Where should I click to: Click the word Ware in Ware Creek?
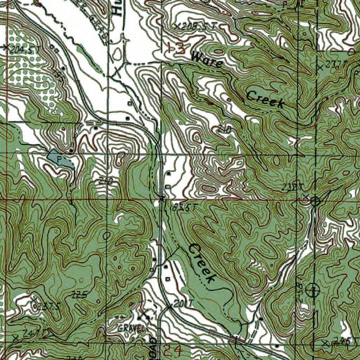tap(207, 60)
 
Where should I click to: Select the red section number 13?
tap(176, 48)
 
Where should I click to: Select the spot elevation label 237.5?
tap(48, 306)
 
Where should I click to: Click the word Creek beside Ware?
tap(265, 99)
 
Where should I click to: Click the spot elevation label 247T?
tap(32, 332)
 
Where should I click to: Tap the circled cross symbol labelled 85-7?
tap(312, 290)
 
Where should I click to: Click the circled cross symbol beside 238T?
tap(315, 201)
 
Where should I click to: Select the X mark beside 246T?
tap(325, 343)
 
